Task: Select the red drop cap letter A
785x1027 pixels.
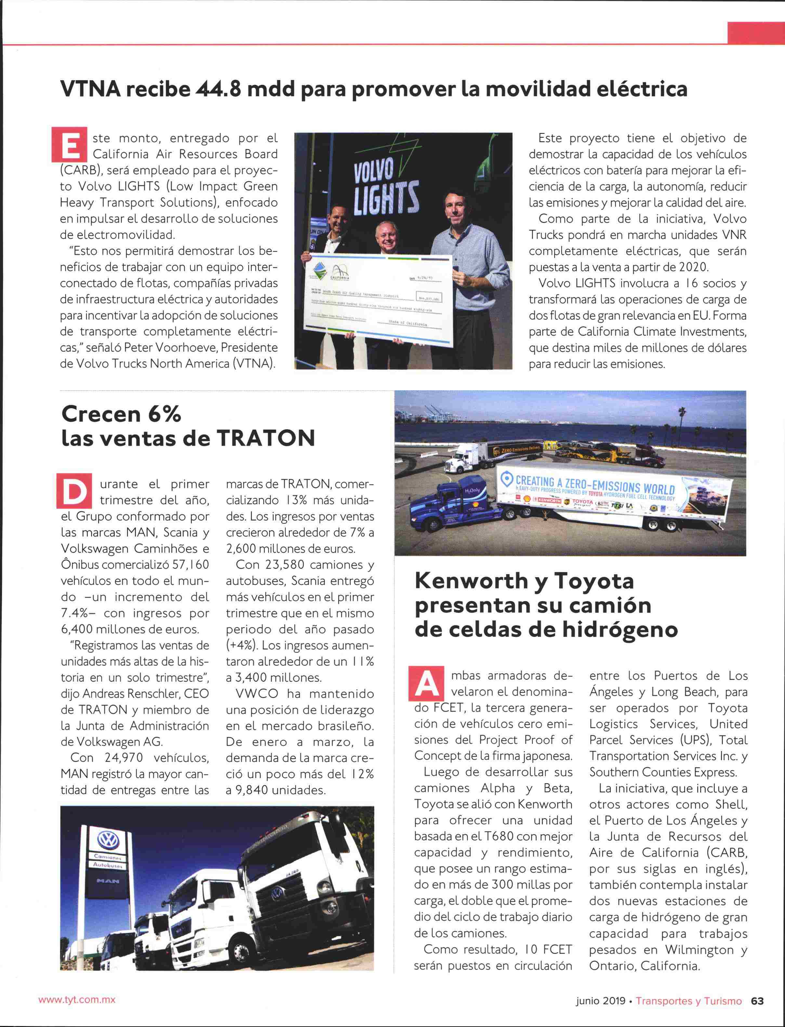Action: pos(426,683)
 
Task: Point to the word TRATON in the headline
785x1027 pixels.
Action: pos(265,438)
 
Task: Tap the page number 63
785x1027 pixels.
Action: pos(757,1001)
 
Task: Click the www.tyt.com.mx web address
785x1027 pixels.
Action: pos(77,1000)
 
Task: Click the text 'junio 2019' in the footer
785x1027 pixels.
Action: pos(600,1001)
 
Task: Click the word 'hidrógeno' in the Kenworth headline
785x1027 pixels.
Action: pos(620,630)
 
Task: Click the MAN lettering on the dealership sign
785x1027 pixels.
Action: pos(108,881)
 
